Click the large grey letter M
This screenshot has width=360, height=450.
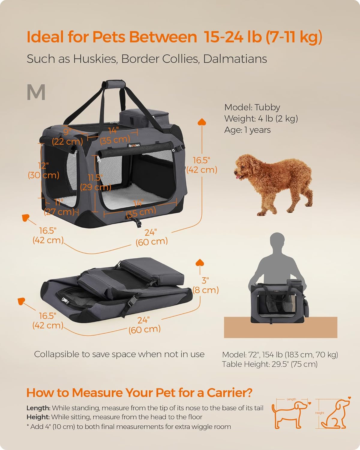[x=36, y=92]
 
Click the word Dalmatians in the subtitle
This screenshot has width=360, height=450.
[x=235, y=59]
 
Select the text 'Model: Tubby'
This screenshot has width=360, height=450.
[x=252, y=107]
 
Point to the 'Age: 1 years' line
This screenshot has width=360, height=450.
[x=247, y=130]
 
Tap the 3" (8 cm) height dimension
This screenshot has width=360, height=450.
[x=206, y=285]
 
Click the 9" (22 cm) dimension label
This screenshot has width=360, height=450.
[x=67, y=136]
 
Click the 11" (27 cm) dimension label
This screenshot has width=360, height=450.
[x=59, y=207]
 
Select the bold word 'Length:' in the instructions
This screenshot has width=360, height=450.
[x=38, y=408]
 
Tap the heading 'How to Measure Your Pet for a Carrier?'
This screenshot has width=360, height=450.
[x=139, y=393]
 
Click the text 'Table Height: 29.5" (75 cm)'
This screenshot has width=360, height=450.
[x=270, y=364]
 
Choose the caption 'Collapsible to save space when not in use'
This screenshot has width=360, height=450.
[x=119, y=354]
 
